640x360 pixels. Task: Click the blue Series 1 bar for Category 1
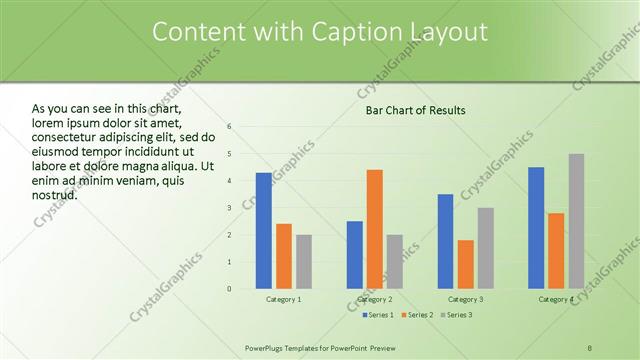click(263, 231)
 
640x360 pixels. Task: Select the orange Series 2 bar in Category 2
click(374, 229)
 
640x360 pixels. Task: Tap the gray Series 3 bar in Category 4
click(576, 221)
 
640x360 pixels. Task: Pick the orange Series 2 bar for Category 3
click(465, 264)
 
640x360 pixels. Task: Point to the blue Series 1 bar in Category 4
click(536, 228)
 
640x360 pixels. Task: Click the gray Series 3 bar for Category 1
click(303, 262)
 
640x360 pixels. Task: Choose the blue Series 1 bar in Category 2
click(355, 255)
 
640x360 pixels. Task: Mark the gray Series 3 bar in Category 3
click(485, 248)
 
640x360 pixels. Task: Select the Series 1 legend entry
click(378, 315)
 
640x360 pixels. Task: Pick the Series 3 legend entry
click(456, 315)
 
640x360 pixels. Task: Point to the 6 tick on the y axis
click(230, 127)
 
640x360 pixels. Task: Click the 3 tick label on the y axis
click(230, 208)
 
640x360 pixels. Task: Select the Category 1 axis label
click(283, 299)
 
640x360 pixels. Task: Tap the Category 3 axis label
click(466, 299)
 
